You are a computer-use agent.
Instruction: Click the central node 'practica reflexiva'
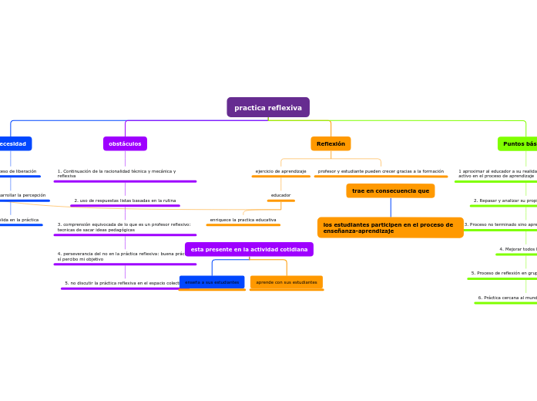(x=268, y=107)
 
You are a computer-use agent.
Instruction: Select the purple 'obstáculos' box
(x=125, y=143)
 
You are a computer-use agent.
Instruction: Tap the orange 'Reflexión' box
(x=331, y=143)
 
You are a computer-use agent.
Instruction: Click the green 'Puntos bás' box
(x=518, y=143)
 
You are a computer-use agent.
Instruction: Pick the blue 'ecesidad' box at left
(x=14, y=143)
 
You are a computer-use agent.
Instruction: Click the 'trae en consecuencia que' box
(x=390, y=190)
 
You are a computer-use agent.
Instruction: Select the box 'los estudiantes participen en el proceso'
(x=390, y=227)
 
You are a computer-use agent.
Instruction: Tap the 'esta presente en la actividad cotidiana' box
(x=249, y=249)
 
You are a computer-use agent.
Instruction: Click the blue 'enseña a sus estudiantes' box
(x=212, y=282)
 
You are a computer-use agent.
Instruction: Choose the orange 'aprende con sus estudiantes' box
(x=287, y=282)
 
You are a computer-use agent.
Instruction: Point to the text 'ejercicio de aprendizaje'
(x=280, y=171)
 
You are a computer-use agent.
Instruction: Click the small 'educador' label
(x=280, y=195)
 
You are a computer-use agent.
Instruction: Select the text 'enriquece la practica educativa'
(x=243, y=220)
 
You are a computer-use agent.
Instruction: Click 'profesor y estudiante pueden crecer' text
(x=381, y=171)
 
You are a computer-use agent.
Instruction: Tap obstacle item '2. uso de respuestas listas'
(x=125, y=200)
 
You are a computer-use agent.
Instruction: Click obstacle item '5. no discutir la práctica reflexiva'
(x=123, y=283)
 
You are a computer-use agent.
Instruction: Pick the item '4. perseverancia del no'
(x=120, y=256)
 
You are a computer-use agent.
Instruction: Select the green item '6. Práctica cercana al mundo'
(x=507, y=297)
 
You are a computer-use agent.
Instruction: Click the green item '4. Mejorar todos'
(x=518, y=249)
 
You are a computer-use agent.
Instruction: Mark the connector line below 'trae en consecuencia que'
(x=391, y=207)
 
